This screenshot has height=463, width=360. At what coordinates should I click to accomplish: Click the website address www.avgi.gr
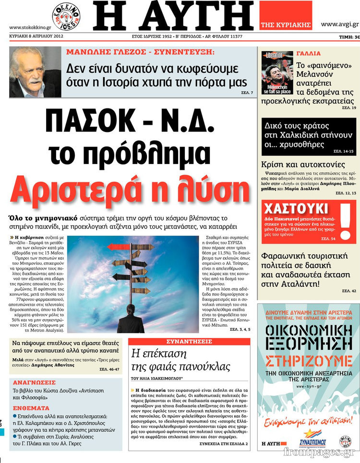tap(339, 24)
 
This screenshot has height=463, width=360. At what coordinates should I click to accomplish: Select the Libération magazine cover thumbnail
tap(277, 72)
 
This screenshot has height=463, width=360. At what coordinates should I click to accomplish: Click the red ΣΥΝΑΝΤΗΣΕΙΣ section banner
tap(190, 342)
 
